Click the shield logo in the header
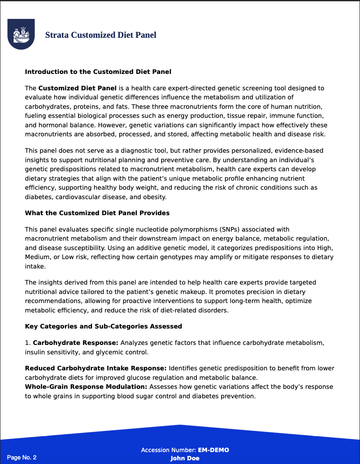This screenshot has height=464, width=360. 21,34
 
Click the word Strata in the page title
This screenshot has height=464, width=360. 57,35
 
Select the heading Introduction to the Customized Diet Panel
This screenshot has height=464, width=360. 98,72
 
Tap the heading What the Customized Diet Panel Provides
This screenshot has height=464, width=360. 97,213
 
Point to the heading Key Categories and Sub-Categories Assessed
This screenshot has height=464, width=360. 103,326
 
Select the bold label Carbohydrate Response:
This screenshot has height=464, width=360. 76,343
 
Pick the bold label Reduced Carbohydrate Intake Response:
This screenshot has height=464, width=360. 96,368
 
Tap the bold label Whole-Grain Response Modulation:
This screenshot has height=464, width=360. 86,387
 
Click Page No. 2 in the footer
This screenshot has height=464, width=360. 22,457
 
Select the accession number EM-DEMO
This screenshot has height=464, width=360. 213,450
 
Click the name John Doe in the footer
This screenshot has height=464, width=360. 185,458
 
